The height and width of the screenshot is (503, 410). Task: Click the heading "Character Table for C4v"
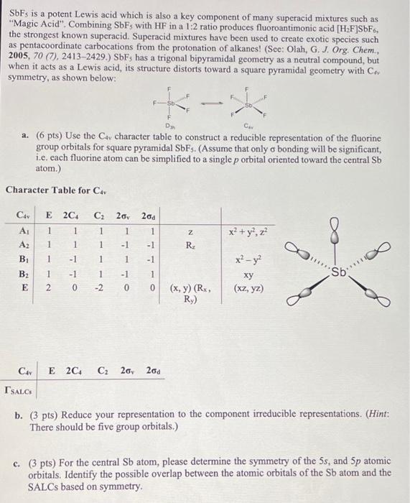(x=49, y=190)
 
